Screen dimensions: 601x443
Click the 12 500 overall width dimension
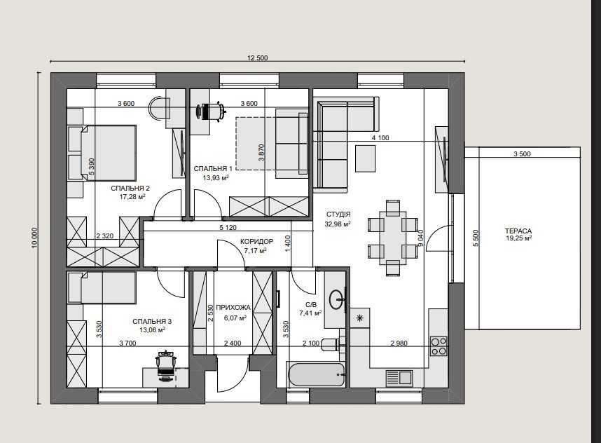[x=257, y=58]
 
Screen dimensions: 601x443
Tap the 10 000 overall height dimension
[x=35, y=238]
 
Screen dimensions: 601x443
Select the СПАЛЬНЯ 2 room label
[x=130, y=189]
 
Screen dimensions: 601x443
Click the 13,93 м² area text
[x=216, y=177]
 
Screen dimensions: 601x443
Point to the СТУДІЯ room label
[x=338, y=214]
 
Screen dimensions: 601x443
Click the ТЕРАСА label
[x=518, y=231]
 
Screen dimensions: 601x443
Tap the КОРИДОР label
[x=257, y=242]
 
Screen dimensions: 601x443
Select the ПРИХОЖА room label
[x=233, y=308]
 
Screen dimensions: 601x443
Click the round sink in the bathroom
[x=336, y=299]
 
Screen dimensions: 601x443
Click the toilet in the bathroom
[x=331, y=344]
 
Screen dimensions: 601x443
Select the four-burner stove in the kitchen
[x=438, y=346]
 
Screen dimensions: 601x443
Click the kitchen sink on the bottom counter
[x=399, y=377]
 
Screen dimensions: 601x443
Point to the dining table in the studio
[x=393, y=238]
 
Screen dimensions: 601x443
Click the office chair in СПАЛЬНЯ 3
[x=165, y=365]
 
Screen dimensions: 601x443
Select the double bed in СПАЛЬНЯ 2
[x=102, y=153]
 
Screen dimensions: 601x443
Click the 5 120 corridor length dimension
[x=228, y=227]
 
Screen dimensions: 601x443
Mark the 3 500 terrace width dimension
[x=522, y=154]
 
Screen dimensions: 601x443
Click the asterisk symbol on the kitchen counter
[x=360, y=318]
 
